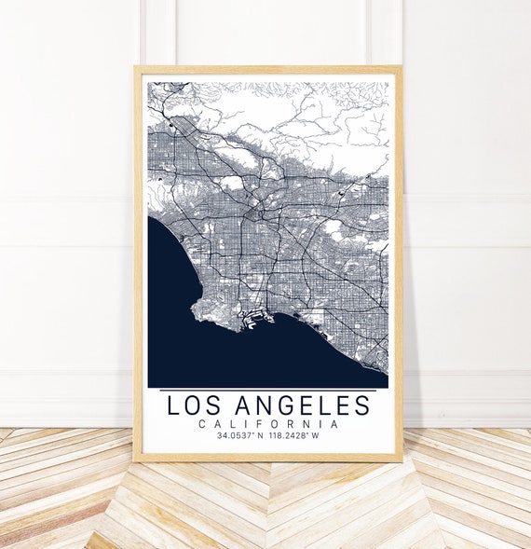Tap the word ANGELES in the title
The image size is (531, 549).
click(x=303, y=405)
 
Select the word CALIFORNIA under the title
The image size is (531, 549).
click(x=268, y=424)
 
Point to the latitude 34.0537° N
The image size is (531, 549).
click(x=238, y=435)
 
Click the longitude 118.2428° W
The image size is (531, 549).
click(x=295, y=435)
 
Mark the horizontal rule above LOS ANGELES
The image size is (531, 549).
click(x=268, y=390)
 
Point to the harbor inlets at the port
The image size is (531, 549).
click(x=250, y=321)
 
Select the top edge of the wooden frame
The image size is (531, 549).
click(x=268, y=70)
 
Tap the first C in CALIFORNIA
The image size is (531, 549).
click(x=203, y=424)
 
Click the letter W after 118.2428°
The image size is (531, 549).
click(x=315, y=435)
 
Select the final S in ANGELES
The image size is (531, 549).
click(x=361, y=405)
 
